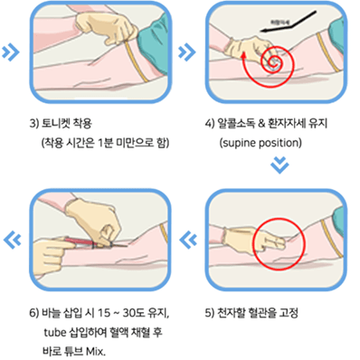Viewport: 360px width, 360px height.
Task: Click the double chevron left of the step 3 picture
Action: coord(11,52)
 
